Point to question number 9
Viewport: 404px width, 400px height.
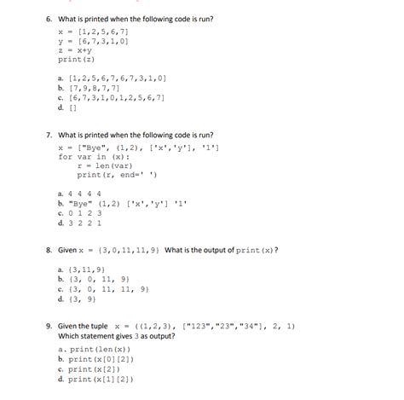click(x=51, y=325)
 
